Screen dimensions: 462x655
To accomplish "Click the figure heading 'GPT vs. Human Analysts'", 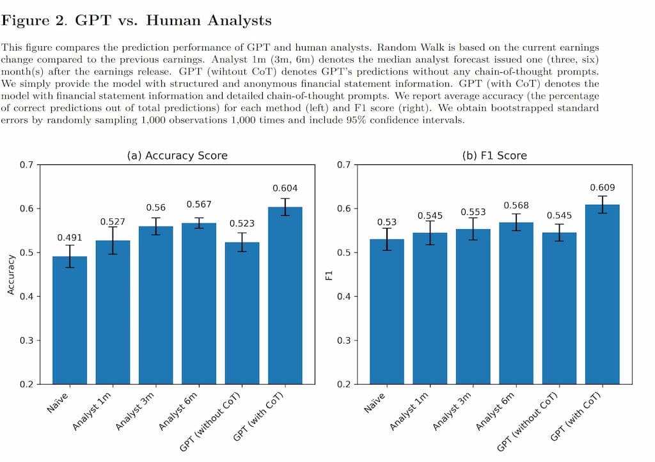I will (173, 20).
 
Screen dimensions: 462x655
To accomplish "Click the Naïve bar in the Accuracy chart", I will (70, 320).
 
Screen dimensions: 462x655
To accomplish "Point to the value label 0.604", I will (285, 188).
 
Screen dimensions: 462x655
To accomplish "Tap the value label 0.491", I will (70, 237).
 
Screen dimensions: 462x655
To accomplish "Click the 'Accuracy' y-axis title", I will (11, 275).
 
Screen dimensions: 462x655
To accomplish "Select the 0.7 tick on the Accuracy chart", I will (26, 165).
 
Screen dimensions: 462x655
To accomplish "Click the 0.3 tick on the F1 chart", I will (343, 340).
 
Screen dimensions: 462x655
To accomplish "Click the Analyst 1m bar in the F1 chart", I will (430, 308).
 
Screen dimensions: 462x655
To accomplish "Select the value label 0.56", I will (156, 208).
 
